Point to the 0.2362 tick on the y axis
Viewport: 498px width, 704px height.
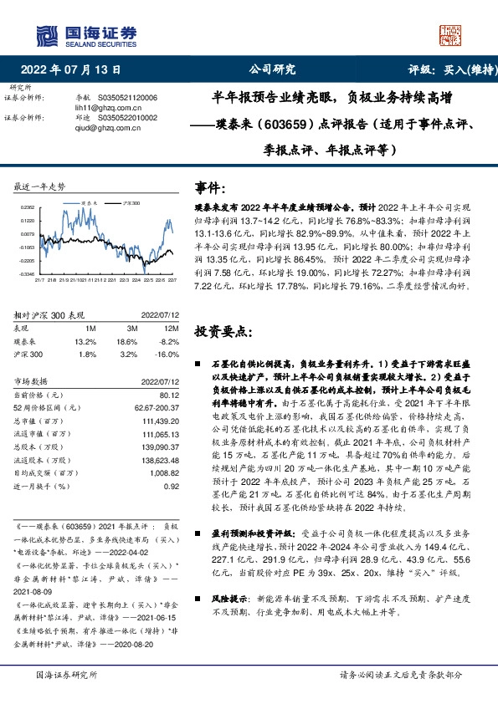[x=28, y=207]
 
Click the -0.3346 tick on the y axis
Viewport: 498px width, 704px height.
[x=27, y=273]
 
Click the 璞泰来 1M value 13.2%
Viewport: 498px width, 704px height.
[x=86, y=342]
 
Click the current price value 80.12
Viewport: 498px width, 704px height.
[x=168, y=394]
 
